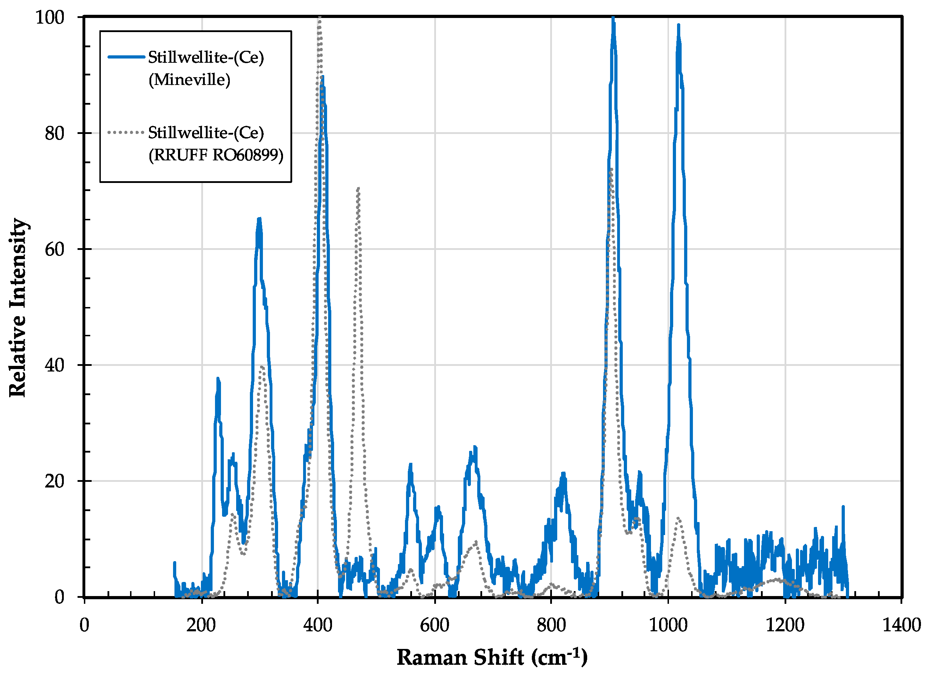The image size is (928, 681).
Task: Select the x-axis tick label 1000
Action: [x=668, y=625]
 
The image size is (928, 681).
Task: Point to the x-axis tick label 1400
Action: [x=901, y=625]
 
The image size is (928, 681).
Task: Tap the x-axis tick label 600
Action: [x=434, y=625]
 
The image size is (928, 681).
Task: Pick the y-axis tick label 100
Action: [x=50, y=17]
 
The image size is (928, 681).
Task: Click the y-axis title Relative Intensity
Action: [x=18, y=307]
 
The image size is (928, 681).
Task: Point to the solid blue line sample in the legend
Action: [x=126, y=57]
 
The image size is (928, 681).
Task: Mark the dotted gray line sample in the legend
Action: [x=126, y=132]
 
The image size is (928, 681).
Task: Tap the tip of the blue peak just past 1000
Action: [x=678, y=26]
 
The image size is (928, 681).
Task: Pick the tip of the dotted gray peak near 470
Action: [x=358, y=188]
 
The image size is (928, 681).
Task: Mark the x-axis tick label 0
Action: [x=84, y=625]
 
